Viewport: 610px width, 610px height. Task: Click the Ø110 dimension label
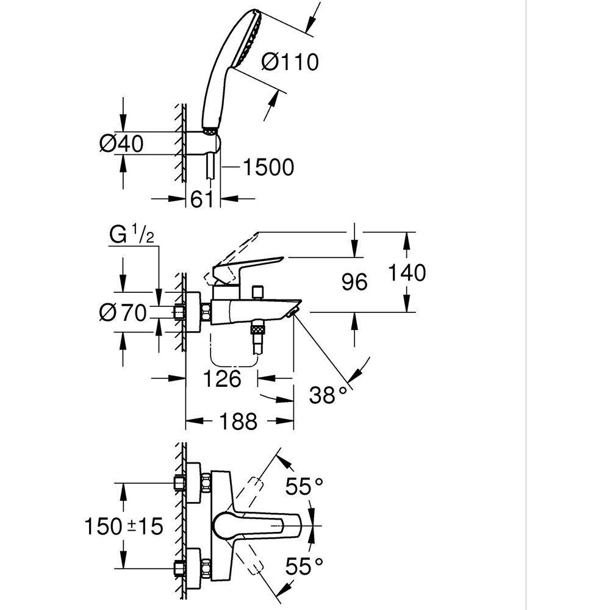coord(289,62)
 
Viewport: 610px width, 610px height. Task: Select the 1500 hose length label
coord(268,167)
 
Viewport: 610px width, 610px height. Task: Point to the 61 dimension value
coord(202,198)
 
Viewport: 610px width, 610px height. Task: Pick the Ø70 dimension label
coord(123,313)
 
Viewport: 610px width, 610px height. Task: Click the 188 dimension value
coord(238,421)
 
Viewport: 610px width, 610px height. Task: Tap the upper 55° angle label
coord(304,487)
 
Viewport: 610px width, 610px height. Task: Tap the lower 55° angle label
coord(304,567)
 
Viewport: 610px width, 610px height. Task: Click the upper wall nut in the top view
coord(180,483)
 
